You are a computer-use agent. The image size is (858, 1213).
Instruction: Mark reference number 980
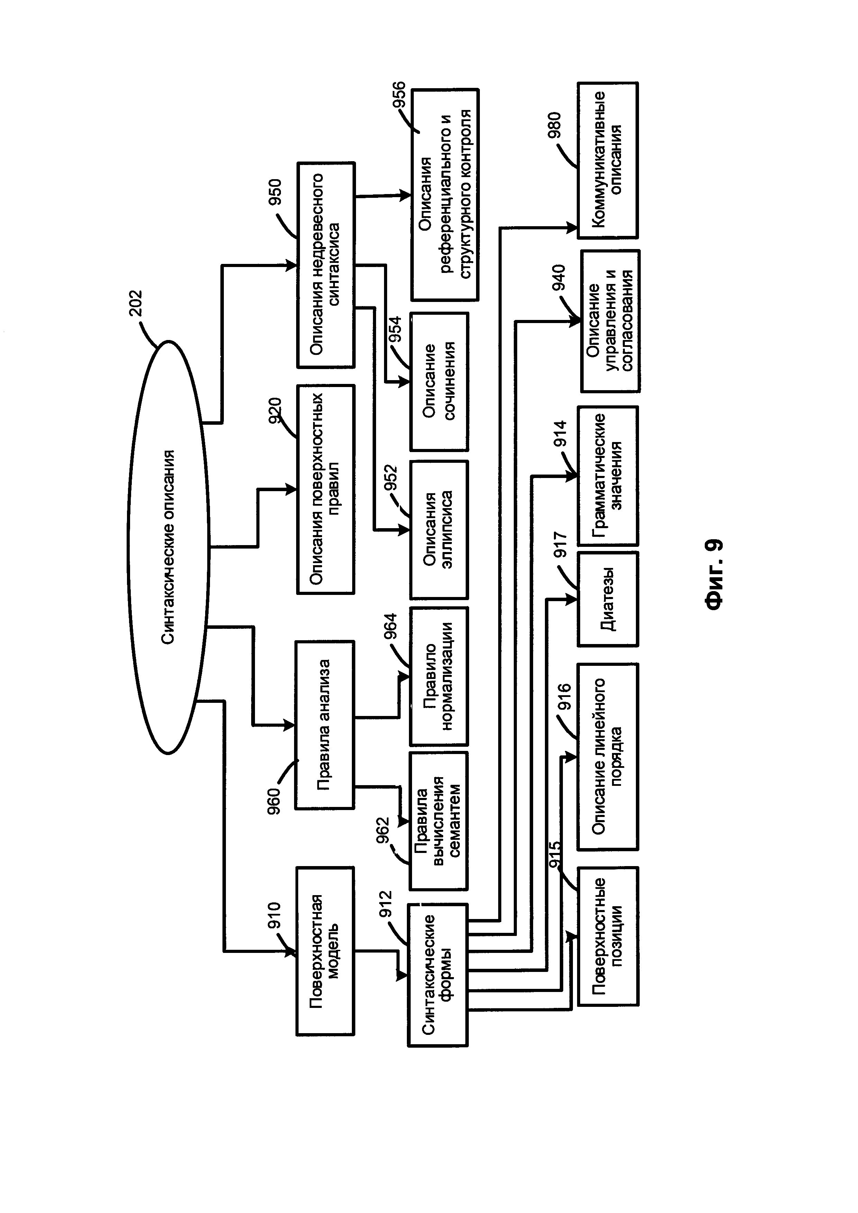tap(554, 126)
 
